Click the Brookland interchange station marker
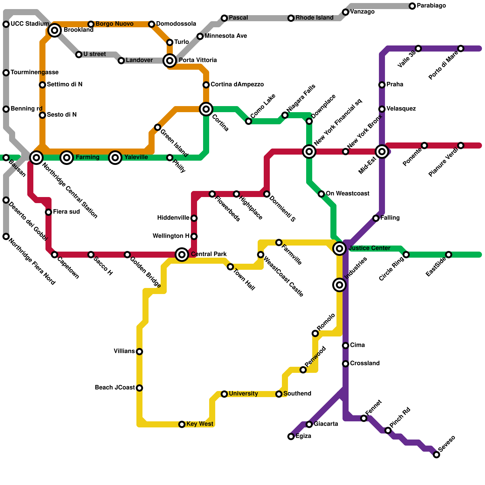click(55, 30)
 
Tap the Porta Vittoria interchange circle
click(170, 61)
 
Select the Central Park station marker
click(182, 255)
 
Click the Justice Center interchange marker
click(339, 249)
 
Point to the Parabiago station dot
click(412, 6)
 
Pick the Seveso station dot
click(436, 455)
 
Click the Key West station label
click(200, 424)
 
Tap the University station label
click(243, 393)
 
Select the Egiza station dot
click(291, 436)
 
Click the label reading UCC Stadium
click(30, 24)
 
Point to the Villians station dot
click(139, 352)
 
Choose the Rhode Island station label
click(314, 18)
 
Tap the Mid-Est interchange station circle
click(382, 152)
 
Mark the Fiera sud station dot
click(48, 212)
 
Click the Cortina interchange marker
click(206, 109)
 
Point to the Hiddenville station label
click(173, 218)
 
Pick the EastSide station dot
click(449, 255)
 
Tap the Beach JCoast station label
click(115, 387)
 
